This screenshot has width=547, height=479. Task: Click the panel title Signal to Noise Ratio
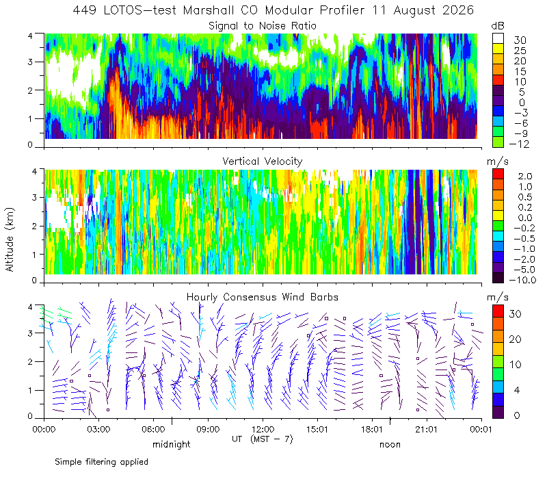pyautogui.click(x=263, y=26)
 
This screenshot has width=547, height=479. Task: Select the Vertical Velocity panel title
pyautogui.click(x=263, y=161)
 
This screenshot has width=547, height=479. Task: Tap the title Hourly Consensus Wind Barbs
pyautogui.click(x=263, y=297)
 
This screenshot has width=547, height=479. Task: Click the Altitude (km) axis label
pyautogui.click(x=10, y=239)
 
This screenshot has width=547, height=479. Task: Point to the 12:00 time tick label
pyautogui.click(x=263, y=429)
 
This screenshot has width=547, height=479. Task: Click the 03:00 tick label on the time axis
pyautogui.click(x=98, y=429)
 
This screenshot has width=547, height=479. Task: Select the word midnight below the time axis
pyautogui.click(x=172, y=444)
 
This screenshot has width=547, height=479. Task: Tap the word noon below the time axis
pyautogui.click(x=390, y=444)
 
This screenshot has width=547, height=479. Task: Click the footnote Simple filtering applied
pyautogui.click(x=101, y=462)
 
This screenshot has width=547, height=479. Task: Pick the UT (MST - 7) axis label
pyautogui.click(x=263, y=439)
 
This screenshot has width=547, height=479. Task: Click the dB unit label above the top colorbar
pyautogui.click(x=498, y=26)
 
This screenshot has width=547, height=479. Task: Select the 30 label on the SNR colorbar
pyautogui.click(x=520, y=40)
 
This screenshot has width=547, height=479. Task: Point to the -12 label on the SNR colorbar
pyautogui.click(x=520, y=144)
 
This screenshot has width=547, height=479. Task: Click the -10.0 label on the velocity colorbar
pyautogui.click(x=522, y=280)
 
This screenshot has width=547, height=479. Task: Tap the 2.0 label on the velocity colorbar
pyautogui.click(x=525, y=176)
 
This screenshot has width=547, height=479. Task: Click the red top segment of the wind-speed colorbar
pyautogui.click(x=498, y=311)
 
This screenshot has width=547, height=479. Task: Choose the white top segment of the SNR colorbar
pyautogui.click(x=498, y=38)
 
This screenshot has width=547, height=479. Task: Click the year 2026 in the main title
pyautogui.click(x=458, y=10)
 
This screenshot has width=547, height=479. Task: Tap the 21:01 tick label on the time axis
pyautogui.click(x=427, y=429)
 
